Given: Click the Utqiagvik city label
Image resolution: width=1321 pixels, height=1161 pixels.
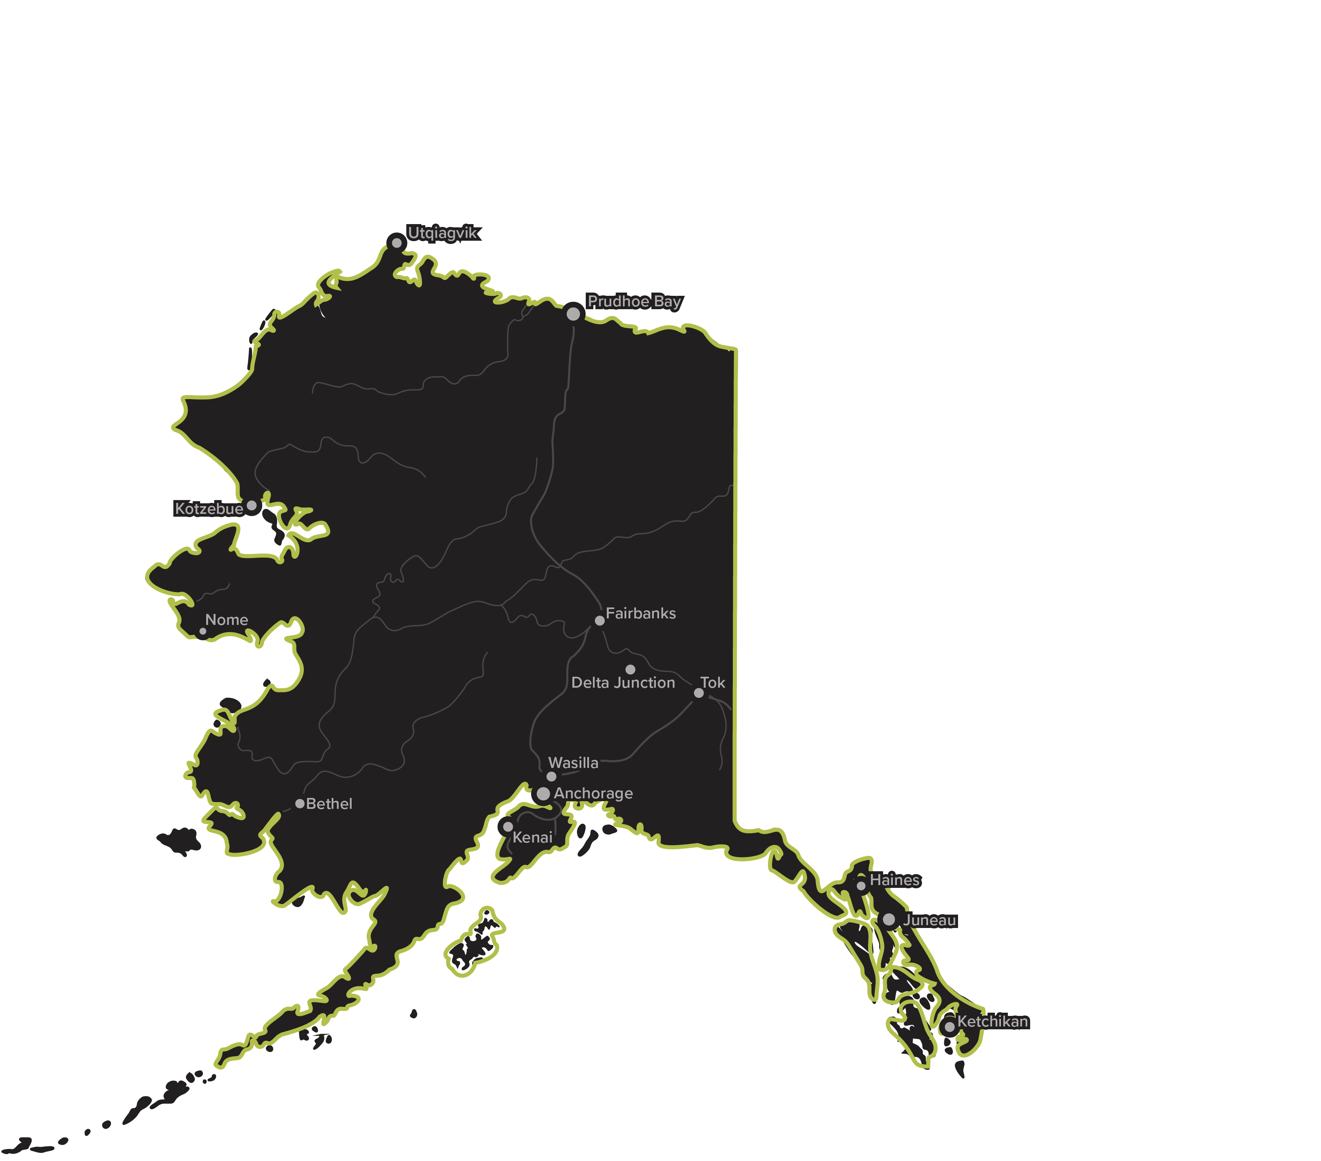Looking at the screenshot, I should pos(443,233).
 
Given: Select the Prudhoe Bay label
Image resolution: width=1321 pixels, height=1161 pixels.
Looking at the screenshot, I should pos(634,301).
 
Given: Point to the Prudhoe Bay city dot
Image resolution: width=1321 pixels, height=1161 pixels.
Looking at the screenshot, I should pos(573,314).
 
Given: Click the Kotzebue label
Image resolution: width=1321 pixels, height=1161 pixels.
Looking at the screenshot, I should pos(209,509).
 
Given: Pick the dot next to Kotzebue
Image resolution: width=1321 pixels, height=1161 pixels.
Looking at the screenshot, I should pos(252,505).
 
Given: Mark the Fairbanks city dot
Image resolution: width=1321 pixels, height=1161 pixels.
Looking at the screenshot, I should pos(600,620).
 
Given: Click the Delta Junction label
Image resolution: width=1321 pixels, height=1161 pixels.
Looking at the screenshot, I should pos(623,683).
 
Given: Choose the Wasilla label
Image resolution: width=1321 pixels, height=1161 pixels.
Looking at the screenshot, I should pos(573,763).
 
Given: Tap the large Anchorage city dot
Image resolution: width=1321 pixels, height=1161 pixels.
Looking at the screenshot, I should pos(544,793).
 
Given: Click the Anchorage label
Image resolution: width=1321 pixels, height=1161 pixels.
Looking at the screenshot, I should pos(593,793).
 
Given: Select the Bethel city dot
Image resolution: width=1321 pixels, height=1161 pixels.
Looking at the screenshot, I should pos(300,804).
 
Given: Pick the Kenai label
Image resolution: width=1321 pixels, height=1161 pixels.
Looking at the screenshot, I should pos(533,838).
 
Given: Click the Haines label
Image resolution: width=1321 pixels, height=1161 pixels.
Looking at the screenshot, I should pos(895,880).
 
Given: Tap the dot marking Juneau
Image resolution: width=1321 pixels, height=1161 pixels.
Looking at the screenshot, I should pos(889,919).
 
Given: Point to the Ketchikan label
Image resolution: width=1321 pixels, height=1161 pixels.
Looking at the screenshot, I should pos(993,1021).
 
